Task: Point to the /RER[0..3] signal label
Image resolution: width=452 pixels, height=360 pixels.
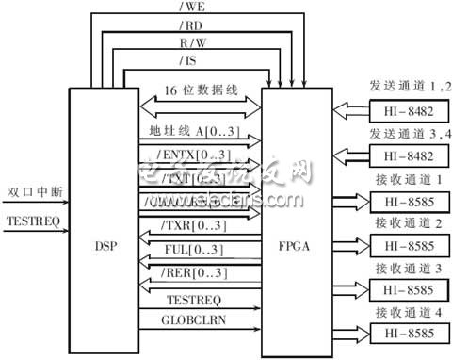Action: (185, 273)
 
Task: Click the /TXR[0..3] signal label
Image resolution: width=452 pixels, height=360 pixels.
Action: (185, 229)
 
